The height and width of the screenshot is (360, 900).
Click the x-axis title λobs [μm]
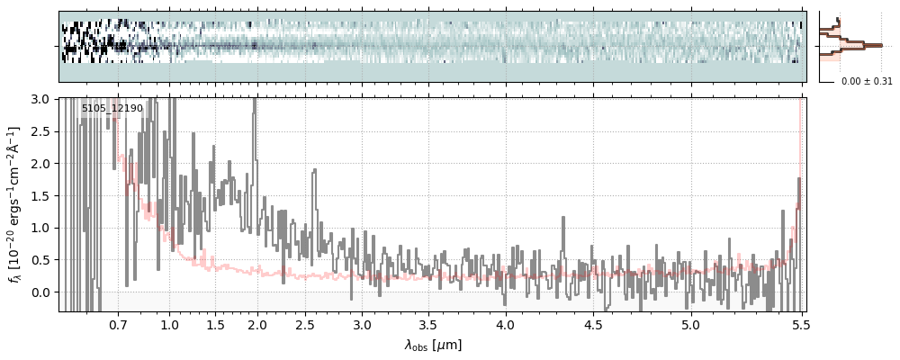(x=433, y=345)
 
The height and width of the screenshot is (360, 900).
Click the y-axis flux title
(x=15, y=204)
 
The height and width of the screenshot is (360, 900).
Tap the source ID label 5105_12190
(x=112, y=109)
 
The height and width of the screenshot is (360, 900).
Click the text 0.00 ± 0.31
(x=867, y=81)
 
